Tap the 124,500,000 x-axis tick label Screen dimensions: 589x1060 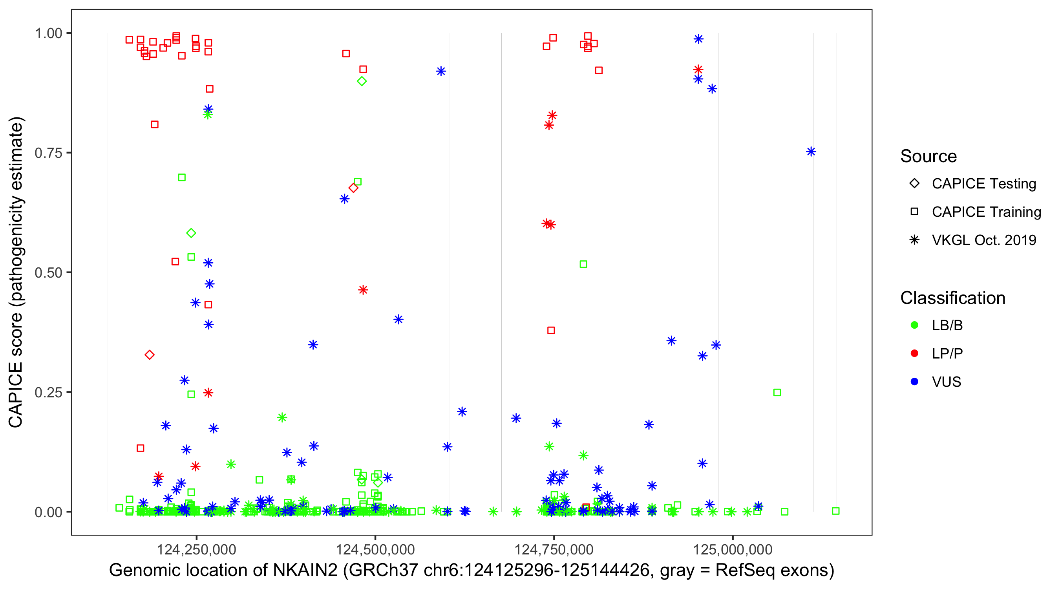point(375,549)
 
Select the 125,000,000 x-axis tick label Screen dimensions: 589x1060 point(733,549)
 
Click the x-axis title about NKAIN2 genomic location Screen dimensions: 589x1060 point(471,571)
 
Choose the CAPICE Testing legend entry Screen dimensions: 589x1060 point(983,184)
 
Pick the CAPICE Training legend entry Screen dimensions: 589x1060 point(986,212)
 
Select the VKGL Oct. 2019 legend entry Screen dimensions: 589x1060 point(983,240)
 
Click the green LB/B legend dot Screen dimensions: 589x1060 point(915,326)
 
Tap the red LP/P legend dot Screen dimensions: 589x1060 point(915,353)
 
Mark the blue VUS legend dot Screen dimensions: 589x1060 point(915,382)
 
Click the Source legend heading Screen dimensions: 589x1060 point(928,156)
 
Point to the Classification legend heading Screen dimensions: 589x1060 point(952,298)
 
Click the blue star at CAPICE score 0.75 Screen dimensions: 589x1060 point(811,152)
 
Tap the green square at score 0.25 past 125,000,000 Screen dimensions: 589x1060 point(777,393)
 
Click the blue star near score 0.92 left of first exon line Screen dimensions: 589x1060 point(441,71)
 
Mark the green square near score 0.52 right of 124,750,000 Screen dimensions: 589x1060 point(583,264)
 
